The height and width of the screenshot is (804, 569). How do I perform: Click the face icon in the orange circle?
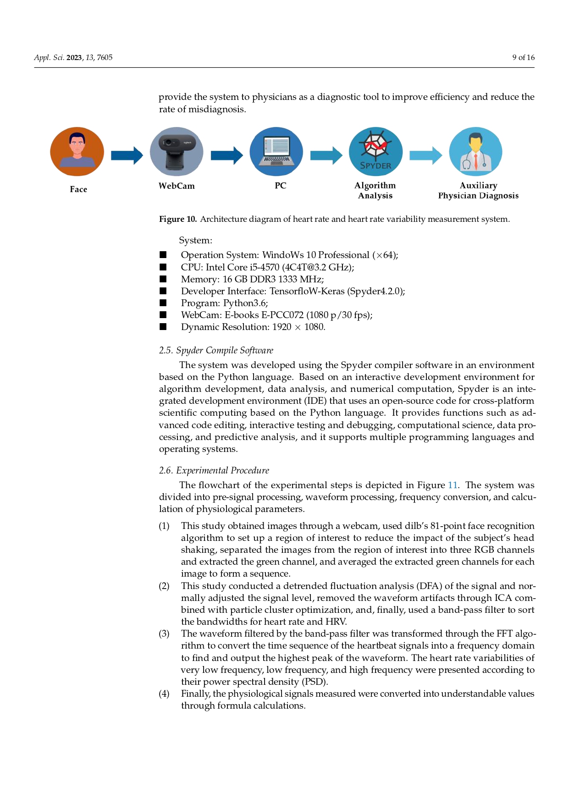(77, 151)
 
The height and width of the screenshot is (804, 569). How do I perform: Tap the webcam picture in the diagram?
(177, 151)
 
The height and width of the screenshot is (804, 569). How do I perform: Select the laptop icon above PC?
(276, 151)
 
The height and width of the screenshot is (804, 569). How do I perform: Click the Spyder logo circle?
(376, 152)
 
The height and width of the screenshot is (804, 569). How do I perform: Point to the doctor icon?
(475, 151)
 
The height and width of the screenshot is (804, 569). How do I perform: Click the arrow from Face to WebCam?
(127, 155)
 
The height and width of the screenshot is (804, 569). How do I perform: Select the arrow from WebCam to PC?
(226, 155)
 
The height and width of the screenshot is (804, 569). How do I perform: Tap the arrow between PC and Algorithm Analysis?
(326, 155)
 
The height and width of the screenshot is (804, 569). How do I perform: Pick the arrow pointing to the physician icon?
(425, 155)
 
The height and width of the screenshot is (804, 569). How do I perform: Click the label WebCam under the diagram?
(177, 186)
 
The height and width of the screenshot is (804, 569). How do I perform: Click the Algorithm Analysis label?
(375, 191)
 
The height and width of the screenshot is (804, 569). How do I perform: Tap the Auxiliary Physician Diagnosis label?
(478, 191)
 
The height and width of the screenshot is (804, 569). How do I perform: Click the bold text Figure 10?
(178, 219)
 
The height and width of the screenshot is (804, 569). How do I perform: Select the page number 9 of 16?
(523, 57)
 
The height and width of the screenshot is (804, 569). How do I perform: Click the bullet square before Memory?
(163, 279)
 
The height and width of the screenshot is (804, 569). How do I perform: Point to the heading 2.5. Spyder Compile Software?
(216, 351)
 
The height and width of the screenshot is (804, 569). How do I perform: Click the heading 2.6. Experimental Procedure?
(214, 471)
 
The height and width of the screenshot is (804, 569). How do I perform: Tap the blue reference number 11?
(453, 485)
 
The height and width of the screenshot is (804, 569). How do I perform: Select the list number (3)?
(164, 634)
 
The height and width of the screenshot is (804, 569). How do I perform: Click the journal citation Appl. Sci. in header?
(49, 57)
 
